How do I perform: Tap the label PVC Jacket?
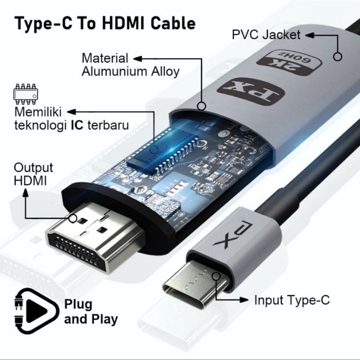coord(266,35)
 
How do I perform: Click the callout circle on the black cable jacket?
coord(337,57)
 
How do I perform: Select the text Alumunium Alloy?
coord(130,72)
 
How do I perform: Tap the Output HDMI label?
coord(33,174)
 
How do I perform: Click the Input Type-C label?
coord(292,300)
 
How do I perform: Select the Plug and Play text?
coord(90,312)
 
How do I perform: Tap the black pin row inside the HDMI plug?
coord(81,252)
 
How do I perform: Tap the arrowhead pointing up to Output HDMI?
coord(25,193)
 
